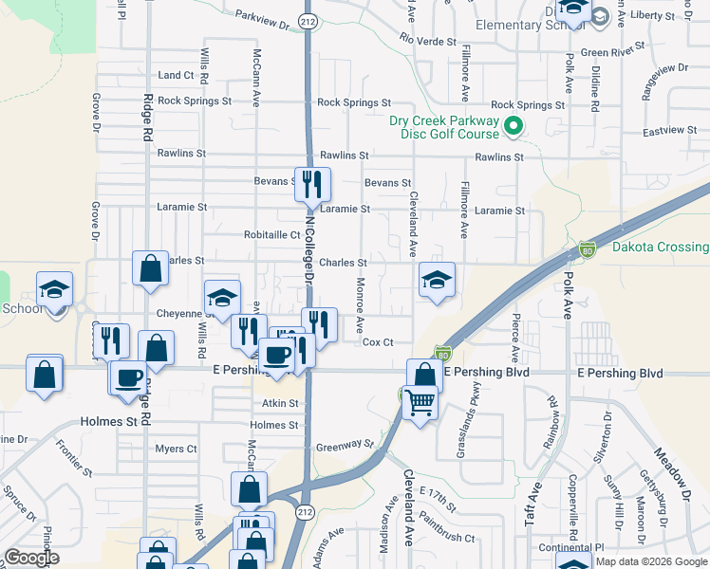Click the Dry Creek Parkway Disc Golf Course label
[443, 127]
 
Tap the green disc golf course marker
[514, 125]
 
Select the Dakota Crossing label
[660, 248]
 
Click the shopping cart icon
[420, 402]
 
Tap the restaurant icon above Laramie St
[312, 184]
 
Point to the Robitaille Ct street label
[271, 236]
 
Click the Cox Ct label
[378, 343]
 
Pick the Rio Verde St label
[428, 42]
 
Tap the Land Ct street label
[176, 75]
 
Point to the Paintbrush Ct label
[446, 538]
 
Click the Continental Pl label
[571, 548]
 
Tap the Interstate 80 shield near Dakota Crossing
[588, 250]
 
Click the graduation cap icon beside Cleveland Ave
[437, 280]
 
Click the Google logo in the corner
[31, 558]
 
